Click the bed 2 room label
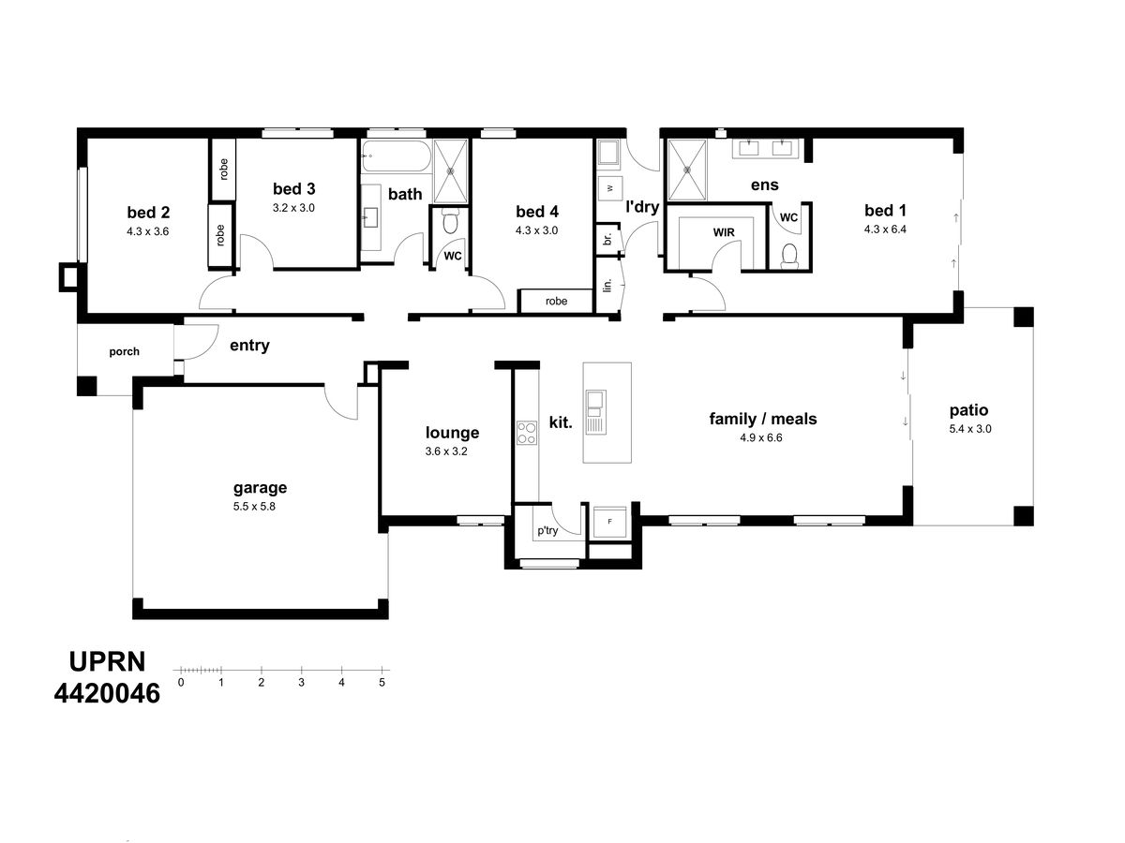click(x=147, y=212)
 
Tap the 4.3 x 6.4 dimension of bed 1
click(x=885, y=229)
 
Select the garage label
click(x=260, y=488)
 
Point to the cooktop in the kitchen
click(x=526, y=433)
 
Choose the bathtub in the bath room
click(x=396, y=155)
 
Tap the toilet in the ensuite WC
click(x=789, y=256)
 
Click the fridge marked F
click(x=609, y=522)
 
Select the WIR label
click(x=723, y=232)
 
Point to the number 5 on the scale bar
click(x=382, y=682)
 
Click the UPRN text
click(x=107, y=661)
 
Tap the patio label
click(x=968, y=410)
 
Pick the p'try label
click(x=547, y=530)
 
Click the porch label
click(x=124, y=351)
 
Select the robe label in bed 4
click(x=556, y=301)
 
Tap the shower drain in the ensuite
click(x=687, y=170)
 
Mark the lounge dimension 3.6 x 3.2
click(x=446, y=451)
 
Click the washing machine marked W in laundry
click(x=610, y=188)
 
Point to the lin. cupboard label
click(x=607, y=285)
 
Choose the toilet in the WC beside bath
click(x=450, y=221)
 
